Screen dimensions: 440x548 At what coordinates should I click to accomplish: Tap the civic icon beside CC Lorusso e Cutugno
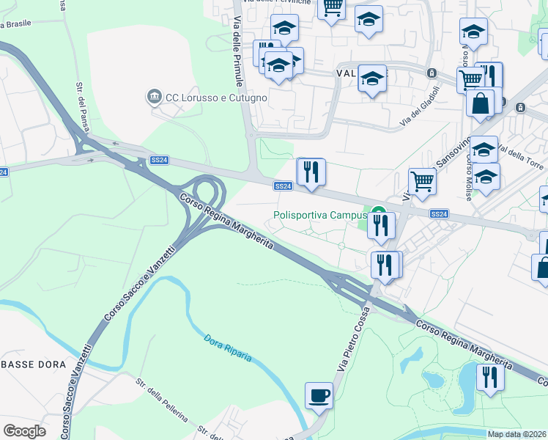click(x=154, y=96)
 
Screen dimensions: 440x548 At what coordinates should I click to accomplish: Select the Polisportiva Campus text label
click(x=319, y=216)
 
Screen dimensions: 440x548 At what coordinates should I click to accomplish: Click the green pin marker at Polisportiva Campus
click(x=379, y=216)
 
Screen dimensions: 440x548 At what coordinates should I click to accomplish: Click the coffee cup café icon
click(x=319, y=396)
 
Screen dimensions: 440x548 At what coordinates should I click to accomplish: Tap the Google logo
click(x=24, y=431)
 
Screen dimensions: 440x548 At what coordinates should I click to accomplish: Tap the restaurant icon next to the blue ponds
click(x=490, y=377)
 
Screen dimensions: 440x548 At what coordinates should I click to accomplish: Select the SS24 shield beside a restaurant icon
click(x=284, y=186)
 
